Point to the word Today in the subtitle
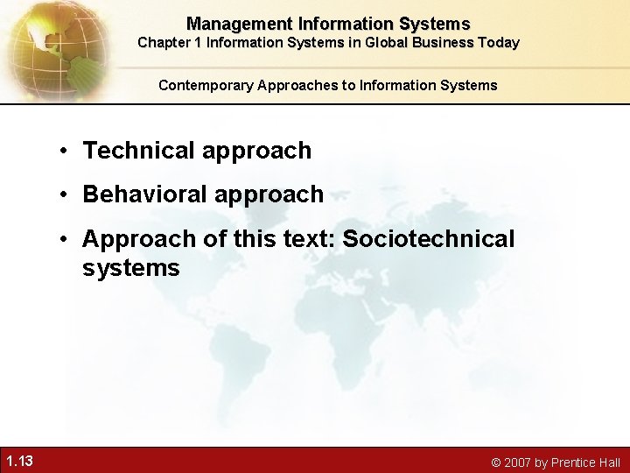tap(498, 42)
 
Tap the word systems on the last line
tap(131, 268)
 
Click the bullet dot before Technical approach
tap(66, 152)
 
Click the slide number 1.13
tap(19, 461)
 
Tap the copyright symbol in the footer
tap(495, 462)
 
